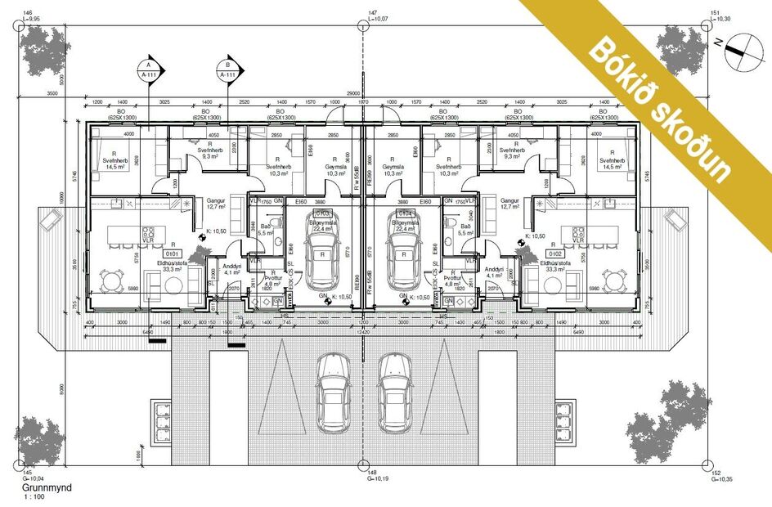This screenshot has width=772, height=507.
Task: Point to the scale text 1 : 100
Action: pyautogui.click(x=34, y=496)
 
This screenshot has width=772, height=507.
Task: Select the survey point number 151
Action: pyautogui.click(x=715, y=14)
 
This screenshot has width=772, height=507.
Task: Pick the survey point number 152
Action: pyautogui.click(x=715, y=473)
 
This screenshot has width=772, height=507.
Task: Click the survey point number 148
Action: pyautogui.click(x=372, y=473)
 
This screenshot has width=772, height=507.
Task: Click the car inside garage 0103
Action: pyautogui.click(x=321, y=258)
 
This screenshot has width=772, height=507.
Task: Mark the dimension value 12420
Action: pyautogui.click(x=363, y=332)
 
